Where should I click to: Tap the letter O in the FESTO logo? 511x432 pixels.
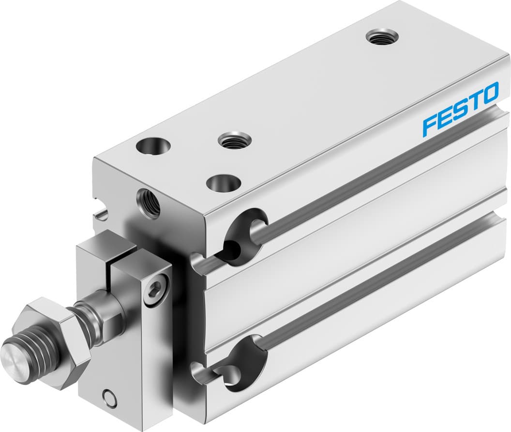coord(489,93)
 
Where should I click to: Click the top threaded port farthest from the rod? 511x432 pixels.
coord(382,36)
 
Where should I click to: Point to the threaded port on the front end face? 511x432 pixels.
coord(149,202)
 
